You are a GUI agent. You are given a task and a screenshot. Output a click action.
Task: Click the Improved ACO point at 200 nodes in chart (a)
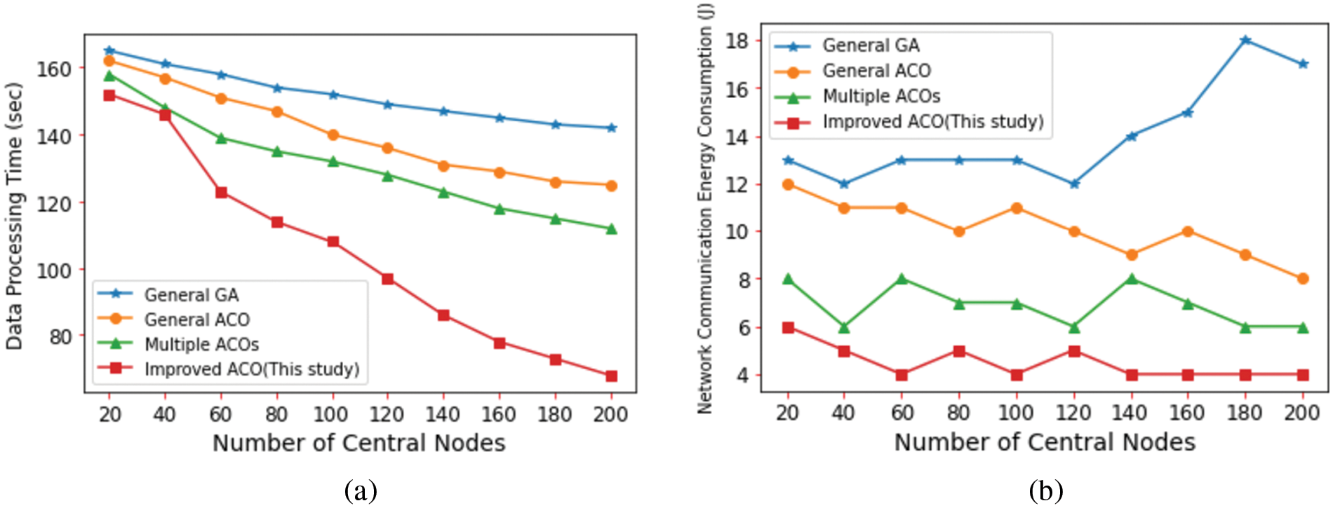[611, 376]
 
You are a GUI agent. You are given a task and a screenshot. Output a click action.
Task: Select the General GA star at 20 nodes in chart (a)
[109, 50]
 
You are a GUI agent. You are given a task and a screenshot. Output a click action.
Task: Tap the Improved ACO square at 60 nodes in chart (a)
[221, 192]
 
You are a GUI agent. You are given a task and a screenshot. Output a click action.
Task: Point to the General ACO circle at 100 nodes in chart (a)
[333, 135]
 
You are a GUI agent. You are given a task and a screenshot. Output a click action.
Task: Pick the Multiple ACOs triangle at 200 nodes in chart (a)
[611, 228]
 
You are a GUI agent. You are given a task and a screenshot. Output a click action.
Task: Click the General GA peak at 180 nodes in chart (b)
[1245, 41]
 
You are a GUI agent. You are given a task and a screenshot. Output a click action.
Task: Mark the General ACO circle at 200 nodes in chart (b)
[1303, 278]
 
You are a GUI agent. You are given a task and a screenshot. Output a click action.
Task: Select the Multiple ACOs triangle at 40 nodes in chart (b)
[844, 327]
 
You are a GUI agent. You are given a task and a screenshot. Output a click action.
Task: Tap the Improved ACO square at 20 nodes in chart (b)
[788, 327]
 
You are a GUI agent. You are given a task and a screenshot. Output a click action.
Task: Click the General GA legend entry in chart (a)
[191, 295]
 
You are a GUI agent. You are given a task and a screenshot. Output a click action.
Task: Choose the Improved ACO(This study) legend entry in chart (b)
[932, 122]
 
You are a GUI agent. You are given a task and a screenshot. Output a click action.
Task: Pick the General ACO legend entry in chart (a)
[196, 320]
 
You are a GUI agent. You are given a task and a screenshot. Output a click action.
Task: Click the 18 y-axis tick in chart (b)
[737, 41]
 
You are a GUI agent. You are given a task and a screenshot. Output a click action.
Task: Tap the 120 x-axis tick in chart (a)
[387, 415]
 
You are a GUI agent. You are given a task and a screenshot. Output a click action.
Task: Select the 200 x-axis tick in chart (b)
[1302, 413]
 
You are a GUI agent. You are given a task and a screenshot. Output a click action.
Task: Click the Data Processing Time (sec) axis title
[15, 216]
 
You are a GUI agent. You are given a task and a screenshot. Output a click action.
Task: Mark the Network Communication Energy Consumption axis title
[705, 209]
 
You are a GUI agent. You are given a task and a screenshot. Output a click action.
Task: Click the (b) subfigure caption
[1045, 491]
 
